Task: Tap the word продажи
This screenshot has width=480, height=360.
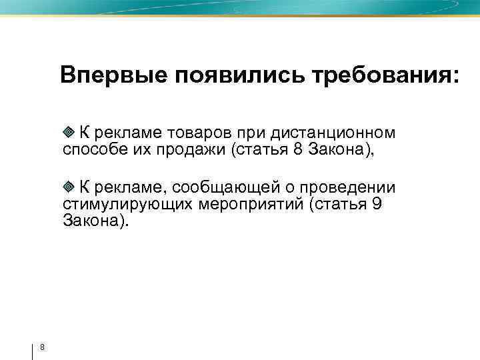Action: coord(192,149)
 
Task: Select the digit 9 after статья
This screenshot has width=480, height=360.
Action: coord(376,204)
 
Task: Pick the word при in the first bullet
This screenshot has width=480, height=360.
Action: coord(243,133)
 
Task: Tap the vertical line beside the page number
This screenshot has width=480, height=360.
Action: coord(32,349)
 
